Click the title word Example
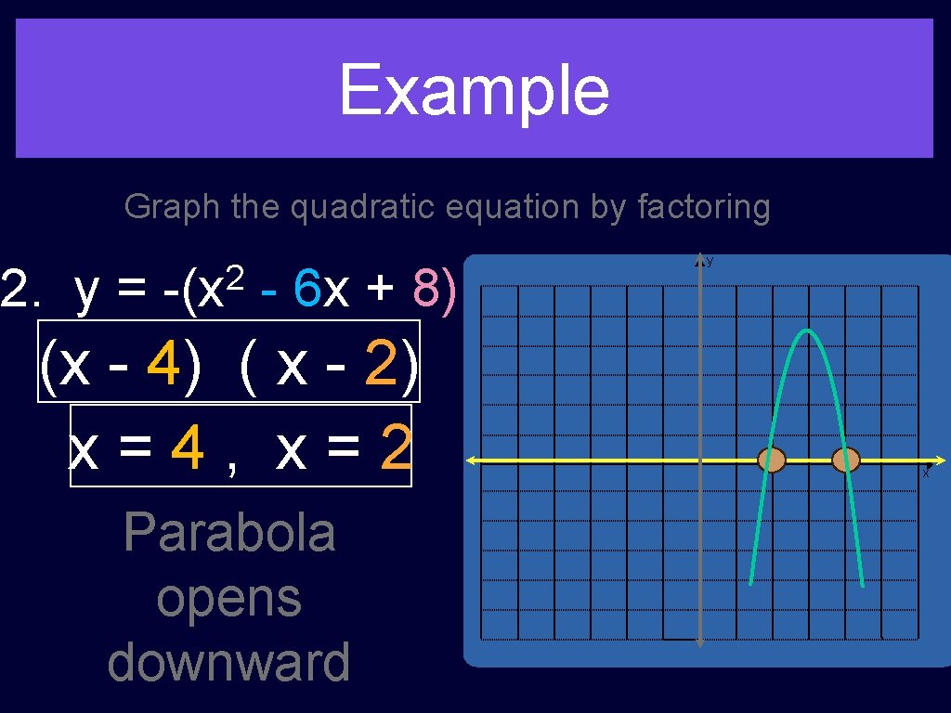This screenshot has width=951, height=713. (474, 90)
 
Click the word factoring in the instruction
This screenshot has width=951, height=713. (704, 207)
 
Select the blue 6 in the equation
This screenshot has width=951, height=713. (306, 290)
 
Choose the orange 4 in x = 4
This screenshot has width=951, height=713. (189, 449)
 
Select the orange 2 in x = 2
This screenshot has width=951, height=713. (395, 449)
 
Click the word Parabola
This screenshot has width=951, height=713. (228, 533)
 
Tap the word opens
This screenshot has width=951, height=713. (228, 599)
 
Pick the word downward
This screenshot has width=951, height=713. (228, 662)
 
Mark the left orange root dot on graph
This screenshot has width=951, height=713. (772, 460)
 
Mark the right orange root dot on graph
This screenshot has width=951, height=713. (845, 460)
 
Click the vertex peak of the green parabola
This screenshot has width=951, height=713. (808, 331)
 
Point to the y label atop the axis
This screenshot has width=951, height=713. (710, 262)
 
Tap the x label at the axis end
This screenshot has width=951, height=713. (925, 473)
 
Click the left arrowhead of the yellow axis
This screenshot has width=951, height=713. (471, 460)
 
